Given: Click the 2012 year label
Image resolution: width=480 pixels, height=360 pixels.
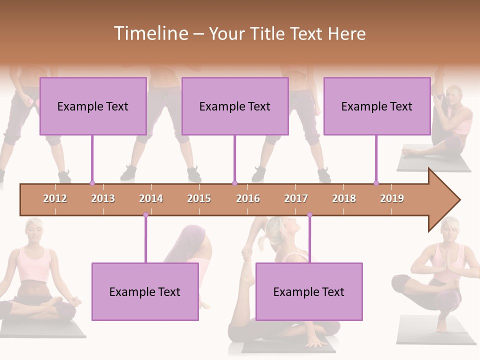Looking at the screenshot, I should (55, 198).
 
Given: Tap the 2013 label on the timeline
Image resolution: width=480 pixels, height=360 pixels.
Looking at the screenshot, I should (103, 198).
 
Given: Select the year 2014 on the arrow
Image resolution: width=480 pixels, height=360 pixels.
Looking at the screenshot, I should (151, 198).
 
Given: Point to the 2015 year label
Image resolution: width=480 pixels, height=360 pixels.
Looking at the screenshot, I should (199, 198).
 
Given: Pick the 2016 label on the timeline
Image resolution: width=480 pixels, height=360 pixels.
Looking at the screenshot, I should (248, 198).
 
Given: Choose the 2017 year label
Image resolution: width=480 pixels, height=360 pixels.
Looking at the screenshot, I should (296, 198).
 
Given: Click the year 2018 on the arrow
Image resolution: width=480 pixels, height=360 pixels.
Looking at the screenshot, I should (344, 198).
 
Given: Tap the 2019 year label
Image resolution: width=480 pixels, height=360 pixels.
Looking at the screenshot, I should (392, 198).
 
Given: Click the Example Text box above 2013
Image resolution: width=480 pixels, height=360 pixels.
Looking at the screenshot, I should (93, 106).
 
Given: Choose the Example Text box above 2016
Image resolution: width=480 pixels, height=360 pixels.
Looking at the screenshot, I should (235, 106).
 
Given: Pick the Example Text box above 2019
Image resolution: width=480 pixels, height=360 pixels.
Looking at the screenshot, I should (377, 106).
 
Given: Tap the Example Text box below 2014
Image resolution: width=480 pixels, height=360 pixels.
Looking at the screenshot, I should (145, 291).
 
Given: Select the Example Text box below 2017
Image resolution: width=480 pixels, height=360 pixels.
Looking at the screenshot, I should (309, 291).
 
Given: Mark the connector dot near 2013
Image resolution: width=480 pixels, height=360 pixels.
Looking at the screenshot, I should (92, 183).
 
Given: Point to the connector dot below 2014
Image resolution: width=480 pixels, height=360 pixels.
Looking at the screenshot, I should (145, 215).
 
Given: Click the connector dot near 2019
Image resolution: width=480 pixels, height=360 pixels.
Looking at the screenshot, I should (376, 183).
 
